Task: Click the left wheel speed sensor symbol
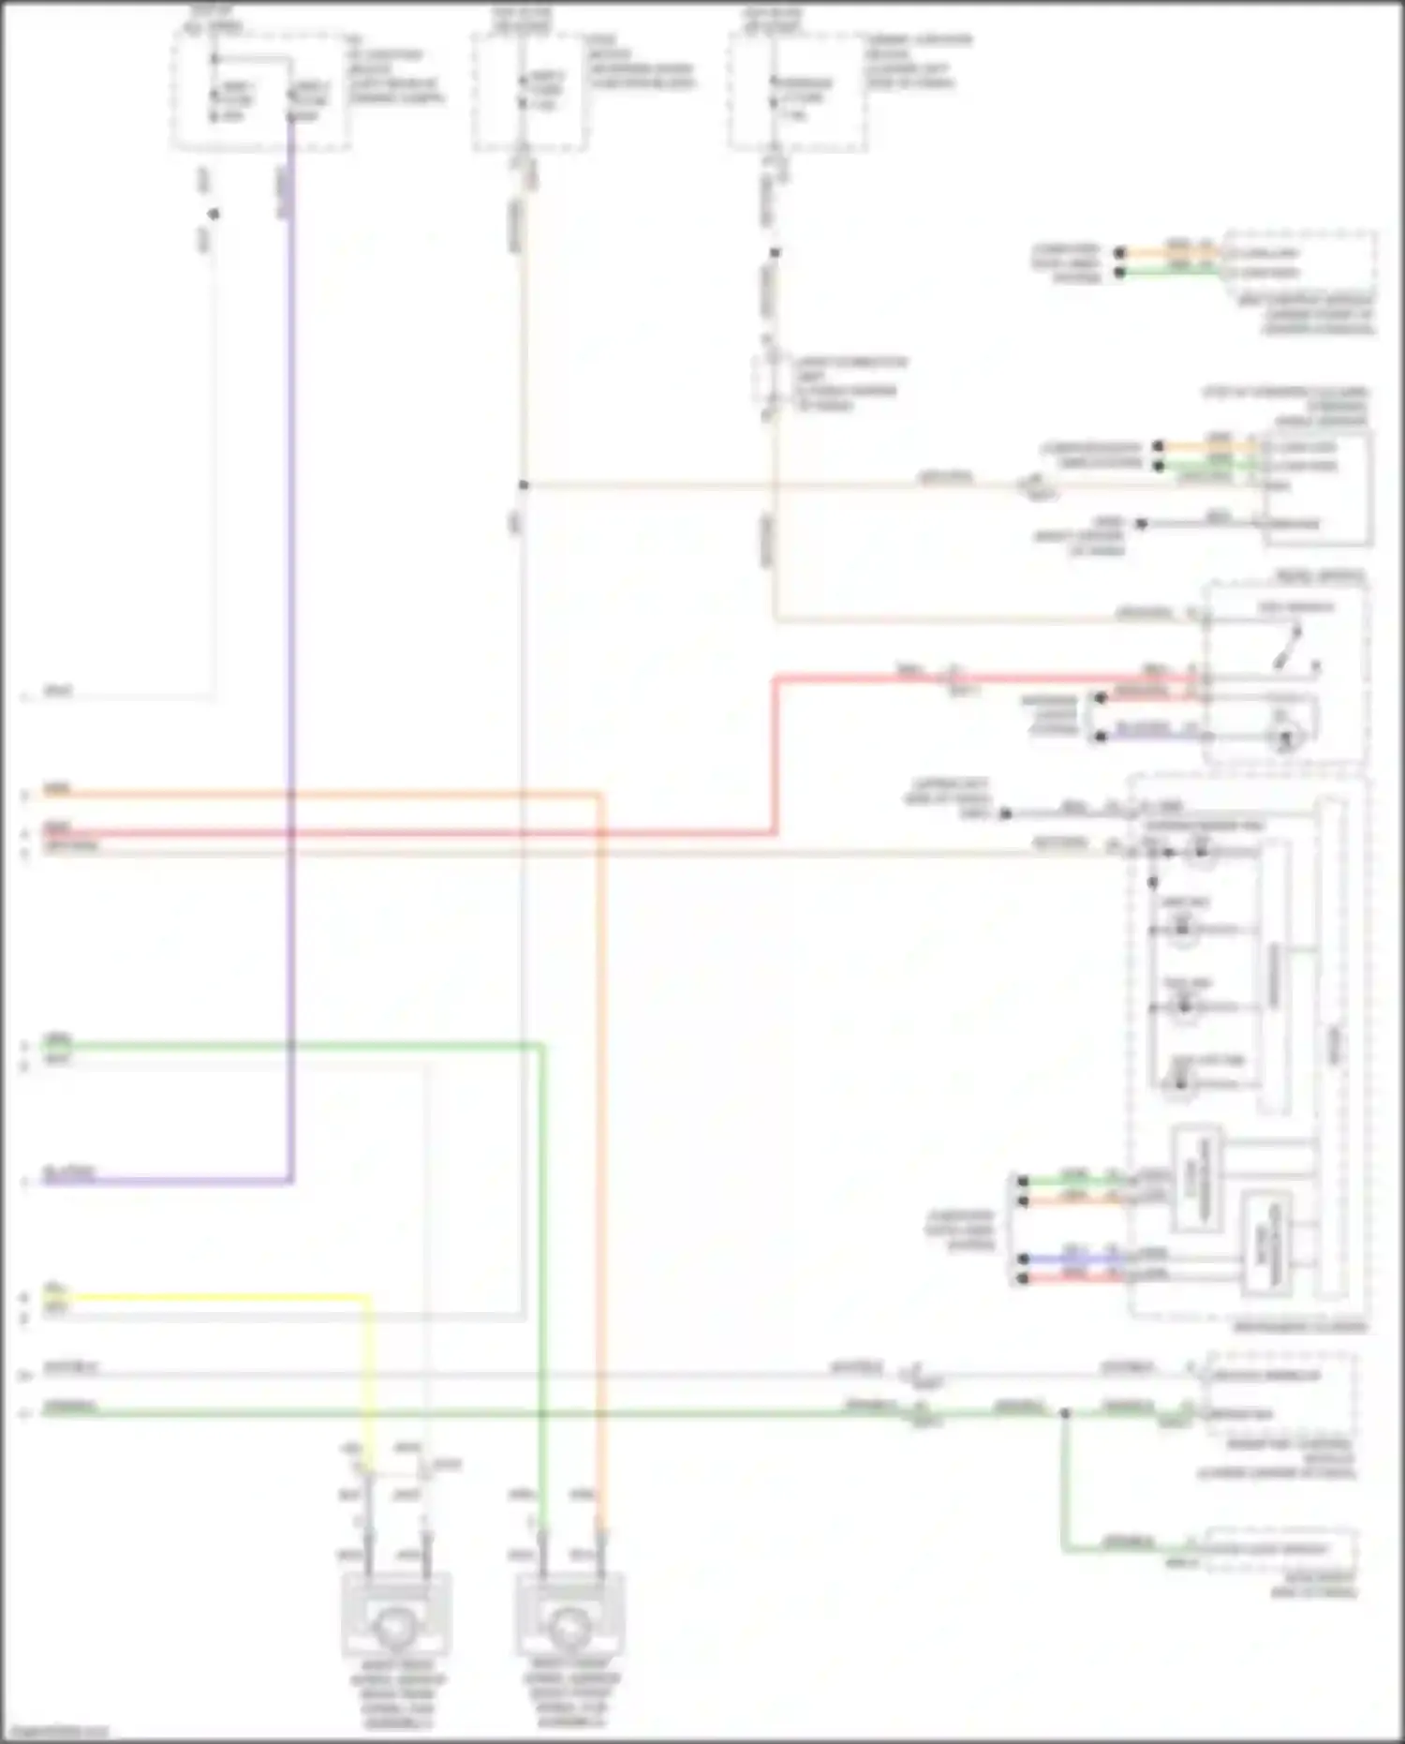pyautogui.click(x=396, y=1629)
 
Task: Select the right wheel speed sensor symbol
pyautogui.click(x=569, y=1629)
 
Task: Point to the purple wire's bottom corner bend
pyautogui.click(x=291, y=1180)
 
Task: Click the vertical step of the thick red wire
pyautogui.click(x=776, y=754)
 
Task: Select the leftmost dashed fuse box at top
pyautogui.click(x=260, y=92)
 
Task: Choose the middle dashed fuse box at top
pyautogui.click(x=529, y=92)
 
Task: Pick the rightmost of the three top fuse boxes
pyautogui.click(x=797, y=92)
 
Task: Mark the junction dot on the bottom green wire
pyautogui.click(x=1064, y=1412)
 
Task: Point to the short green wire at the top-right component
pyautogui.click(x=1171, y=273)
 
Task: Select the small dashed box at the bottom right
pyautogui.click(x=1279, y=1549)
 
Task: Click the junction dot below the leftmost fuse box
pyautogui.click(x=214, y=214)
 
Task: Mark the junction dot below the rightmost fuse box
pyautogui.click(x=775, y=253)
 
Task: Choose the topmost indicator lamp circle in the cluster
pyautogui.click(x=1200, y=851)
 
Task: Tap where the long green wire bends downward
pyautogui.click(x=541, y=1046)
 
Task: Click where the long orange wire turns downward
pyautogui.click(x=599, y=797)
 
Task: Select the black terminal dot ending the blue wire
pyautogui.click(x=1023, y=1259)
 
